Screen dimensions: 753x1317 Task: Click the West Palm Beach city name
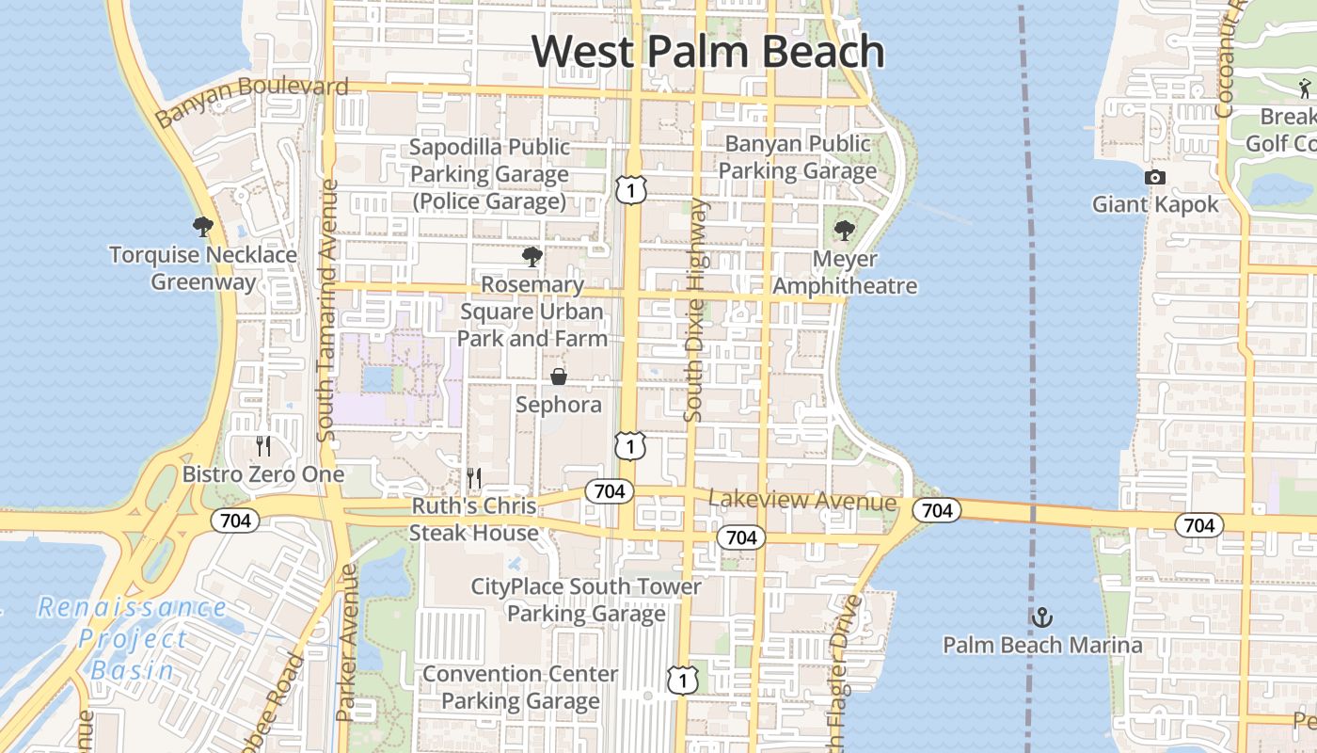pos(708,51)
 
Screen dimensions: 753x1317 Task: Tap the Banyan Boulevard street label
pos(251,101)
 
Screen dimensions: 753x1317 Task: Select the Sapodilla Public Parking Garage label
pos(489,174)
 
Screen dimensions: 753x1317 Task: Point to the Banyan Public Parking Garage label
pos(798,157)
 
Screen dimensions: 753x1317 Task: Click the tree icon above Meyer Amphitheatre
pos(844,231)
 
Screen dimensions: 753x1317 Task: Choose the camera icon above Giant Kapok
pos(1154,178)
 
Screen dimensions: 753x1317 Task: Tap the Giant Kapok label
pos(1154,204)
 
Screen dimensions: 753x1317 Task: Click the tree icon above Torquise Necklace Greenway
pos(202,227)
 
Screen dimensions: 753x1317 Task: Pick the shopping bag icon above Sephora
pos(559,377)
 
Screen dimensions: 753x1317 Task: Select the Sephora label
pos(559,405)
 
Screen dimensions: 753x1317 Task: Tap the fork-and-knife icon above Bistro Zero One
pos(263,446)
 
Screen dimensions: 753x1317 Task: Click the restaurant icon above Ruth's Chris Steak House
pos(474,478)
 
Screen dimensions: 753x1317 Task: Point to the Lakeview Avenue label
pos(802,501)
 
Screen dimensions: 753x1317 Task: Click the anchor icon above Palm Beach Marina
pos(1041,618)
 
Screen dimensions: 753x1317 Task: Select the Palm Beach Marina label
pos(1042,646)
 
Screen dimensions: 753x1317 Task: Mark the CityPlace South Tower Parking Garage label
pos(586,601)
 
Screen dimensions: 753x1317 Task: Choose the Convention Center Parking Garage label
pos(520,688)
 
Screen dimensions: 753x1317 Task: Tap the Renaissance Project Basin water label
pos(132,639)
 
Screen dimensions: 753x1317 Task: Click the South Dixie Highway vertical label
pos(695,311)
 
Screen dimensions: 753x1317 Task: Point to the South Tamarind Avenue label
pos(326,311)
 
